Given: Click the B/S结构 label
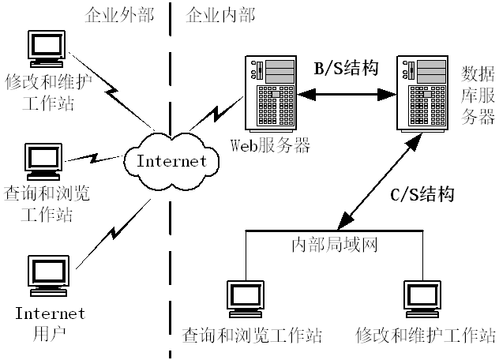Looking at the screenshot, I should (x=346, y=69).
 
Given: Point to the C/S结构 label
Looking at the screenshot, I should (x=423, y=194).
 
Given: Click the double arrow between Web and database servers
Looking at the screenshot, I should (x=346, y=94).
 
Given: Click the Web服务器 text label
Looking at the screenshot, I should (x=269, y=145).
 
